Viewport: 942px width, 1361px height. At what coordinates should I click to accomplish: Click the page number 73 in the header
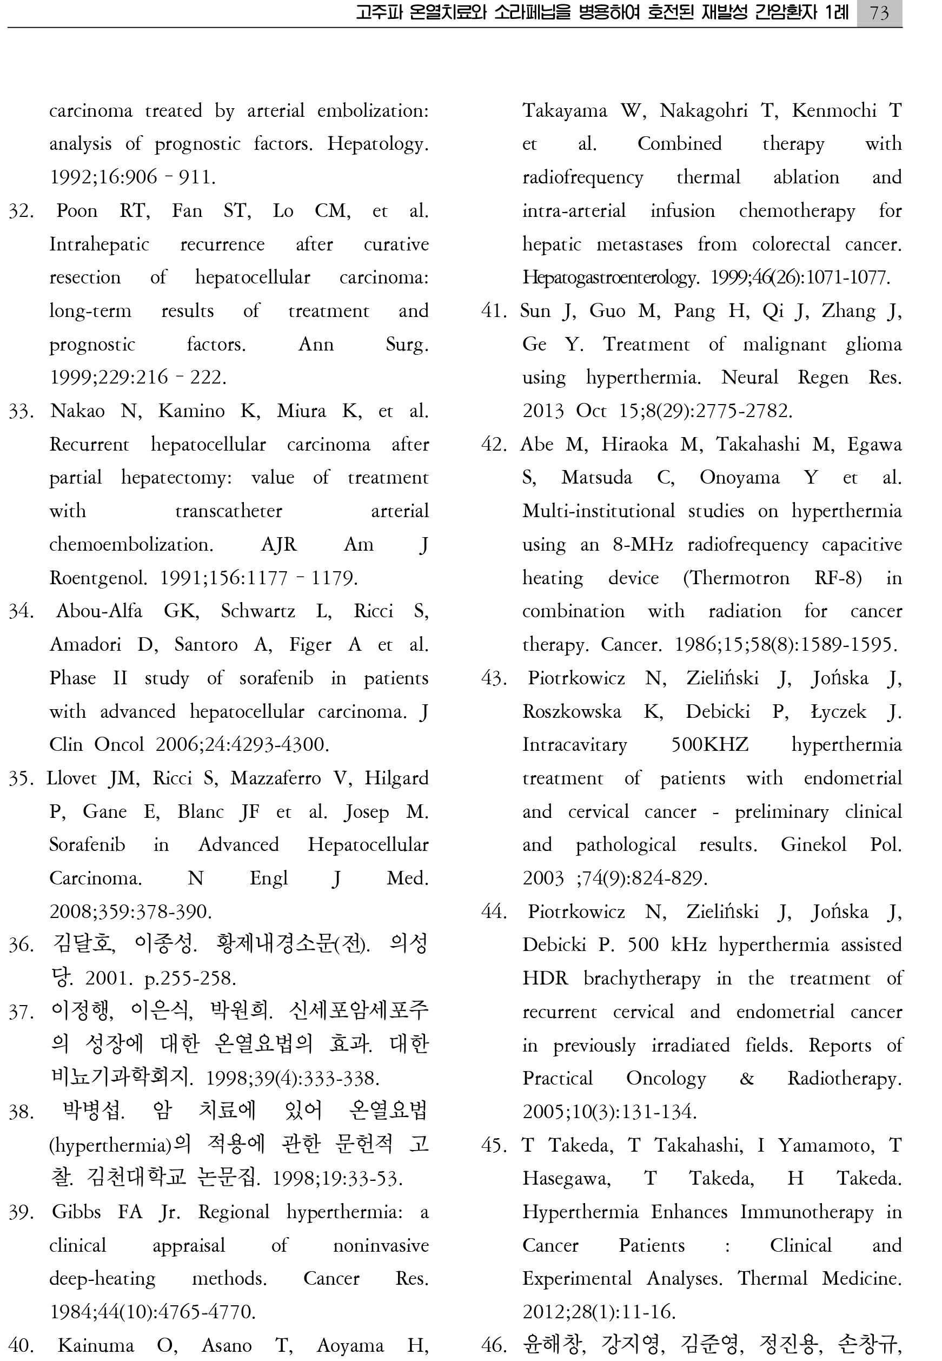[x=879, y=12]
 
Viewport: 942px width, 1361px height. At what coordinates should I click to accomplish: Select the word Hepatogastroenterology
[x=611, y=278]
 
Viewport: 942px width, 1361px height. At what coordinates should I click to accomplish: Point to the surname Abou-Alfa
[x=99, y=611]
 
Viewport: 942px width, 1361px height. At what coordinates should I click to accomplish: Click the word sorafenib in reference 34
[x=276, y=678]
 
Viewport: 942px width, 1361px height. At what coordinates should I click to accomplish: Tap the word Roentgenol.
[x=98, y=578]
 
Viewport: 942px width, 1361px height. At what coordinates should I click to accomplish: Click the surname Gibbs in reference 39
[x=76, y=1212]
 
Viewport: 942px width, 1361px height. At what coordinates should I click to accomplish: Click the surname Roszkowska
[x=572, y=711]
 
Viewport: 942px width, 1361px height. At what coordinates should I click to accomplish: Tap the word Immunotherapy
[x=807, y=1212]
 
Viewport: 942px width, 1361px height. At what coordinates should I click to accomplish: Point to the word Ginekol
[x=813, y=845]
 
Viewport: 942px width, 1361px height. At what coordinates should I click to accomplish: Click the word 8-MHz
[x=643, y=544]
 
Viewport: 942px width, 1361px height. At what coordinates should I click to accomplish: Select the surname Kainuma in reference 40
[x=96, y=1345]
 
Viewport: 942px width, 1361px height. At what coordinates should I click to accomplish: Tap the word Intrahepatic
[x=99, y=245]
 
